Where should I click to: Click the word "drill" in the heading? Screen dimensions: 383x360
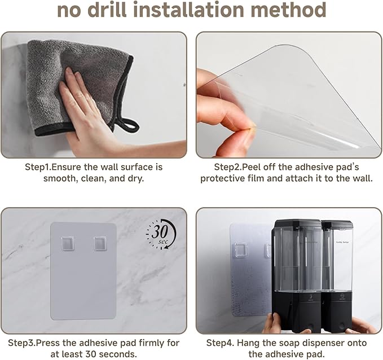click(107, 10)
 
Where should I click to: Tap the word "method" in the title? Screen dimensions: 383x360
click(288, 10)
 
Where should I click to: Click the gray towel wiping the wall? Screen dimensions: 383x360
click(78, 86)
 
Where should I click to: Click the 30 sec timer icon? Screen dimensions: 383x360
click(161, 234)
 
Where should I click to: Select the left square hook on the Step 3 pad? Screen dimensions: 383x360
click(68, 243)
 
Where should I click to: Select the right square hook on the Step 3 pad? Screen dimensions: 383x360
click(100, 243)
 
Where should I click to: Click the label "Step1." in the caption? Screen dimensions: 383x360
click(38, 168)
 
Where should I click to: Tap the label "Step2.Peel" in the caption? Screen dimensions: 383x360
click(235, 168)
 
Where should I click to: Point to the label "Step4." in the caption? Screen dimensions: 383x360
click(220, 343)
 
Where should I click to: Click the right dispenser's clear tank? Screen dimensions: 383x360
click(337, 259)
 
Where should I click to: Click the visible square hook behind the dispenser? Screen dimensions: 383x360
click(241, 250)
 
